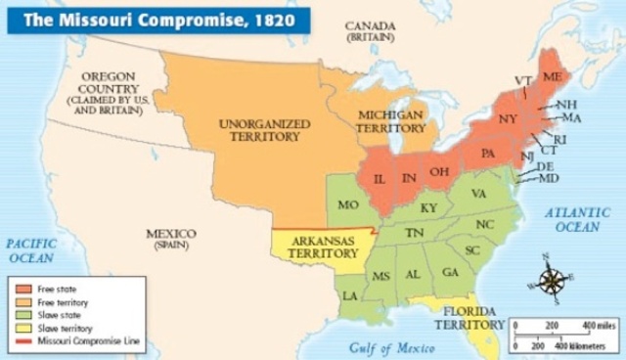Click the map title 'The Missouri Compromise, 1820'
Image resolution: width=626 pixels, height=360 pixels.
(156, 20)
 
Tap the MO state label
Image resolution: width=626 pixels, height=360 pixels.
(349, 206)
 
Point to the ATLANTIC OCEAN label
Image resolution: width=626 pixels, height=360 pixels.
(577, 219)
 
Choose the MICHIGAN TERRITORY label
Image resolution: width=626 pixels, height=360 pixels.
(391, 121)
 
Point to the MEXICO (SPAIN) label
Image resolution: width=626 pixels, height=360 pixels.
(171, 239)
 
